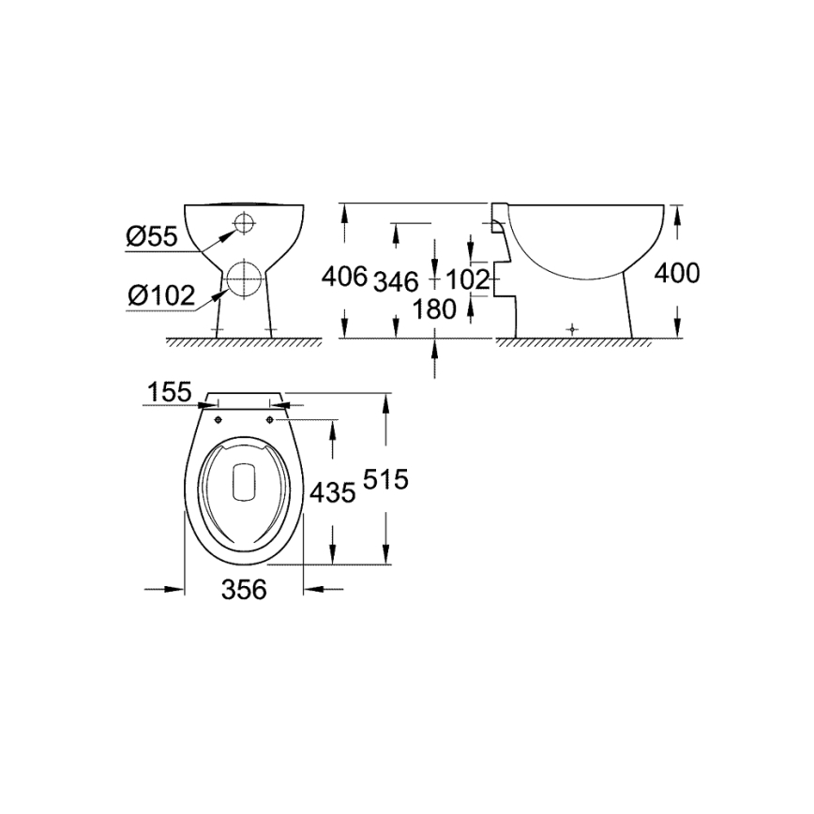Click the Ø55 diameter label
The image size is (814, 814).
pos(152,237)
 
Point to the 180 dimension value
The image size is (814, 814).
pos(433,309)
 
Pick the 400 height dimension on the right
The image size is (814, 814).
pos(676,273)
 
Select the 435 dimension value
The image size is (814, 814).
pos(332,491)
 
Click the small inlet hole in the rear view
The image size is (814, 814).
pos(244,223)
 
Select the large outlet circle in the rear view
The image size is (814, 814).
pos(244,279)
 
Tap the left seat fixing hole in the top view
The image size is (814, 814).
pos(219,419)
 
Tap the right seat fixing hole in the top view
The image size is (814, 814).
pos(271,419)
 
